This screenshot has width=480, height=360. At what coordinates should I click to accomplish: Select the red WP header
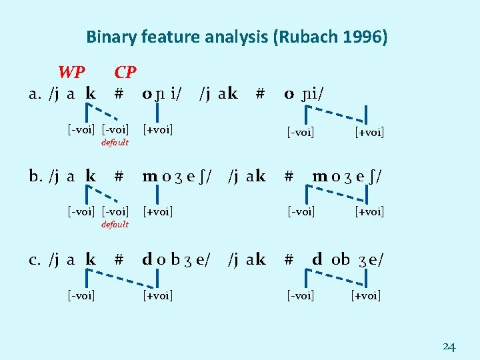tap(71, 72)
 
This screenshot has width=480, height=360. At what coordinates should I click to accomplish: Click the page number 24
tap(449, 347)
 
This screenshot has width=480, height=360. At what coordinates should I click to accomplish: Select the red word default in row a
tap(115, 143)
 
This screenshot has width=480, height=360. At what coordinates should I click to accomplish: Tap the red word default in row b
tap(115, 225)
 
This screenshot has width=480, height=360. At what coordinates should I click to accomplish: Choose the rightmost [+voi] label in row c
tap(366, 295)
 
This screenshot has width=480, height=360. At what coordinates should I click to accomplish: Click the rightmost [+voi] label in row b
tap(370, 212)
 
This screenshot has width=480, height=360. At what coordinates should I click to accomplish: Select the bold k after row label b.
tap(91, 176)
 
